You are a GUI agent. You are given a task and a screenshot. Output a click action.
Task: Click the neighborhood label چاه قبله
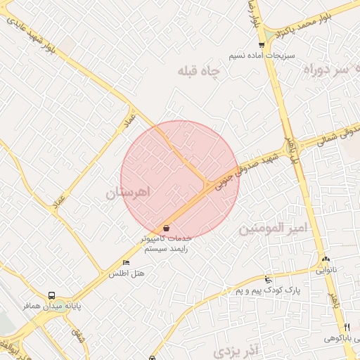click(200, 71)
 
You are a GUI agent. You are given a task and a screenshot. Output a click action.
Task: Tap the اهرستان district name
click(130, 193)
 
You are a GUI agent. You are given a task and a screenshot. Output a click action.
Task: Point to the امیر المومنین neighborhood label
click(274, 229)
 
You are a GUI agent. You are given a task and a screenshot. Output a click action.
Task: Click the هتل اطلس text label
click(126, 274)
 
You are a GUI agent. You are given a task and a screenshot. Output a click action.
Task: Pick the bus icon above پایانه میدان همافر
click(51, 296)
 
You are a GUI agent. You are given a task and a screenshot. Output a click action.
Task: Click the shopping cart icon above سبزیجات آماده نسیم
click(262, 45)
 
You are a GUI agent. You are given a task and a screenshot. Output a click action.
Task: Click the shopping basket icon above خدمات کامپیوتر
click(166, 228)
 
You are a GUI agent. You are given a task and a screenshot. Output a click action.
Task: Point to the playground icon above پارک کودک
click(267, 279)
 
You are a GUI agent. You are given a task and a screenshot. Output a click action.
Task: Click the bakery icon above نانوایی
click(326, 259)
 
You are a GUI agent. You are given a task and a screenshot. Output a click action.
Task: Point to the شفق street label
click(77, 336)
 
